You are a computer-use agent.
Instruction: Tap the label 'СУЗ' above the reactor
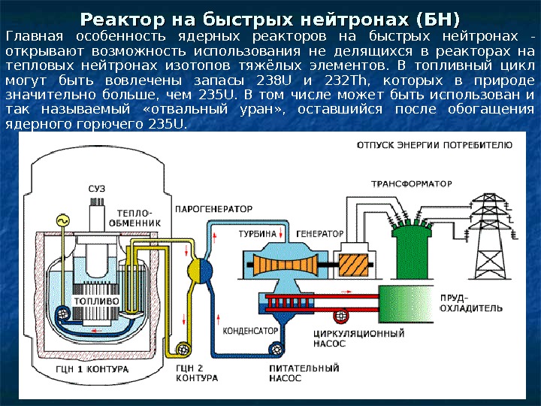(x=96, y=187)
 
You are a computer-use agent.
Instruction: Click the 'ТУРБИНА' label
(x=258, y=234)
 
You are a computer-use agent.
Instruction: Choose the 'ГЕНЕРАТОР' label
(x=320, y=234)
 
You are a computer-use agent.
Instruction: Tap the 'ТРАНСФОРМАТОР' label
(x=410, y=183)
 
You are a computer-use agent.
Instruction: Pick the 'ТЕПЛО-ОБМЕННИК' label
(x=134, y=217)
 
